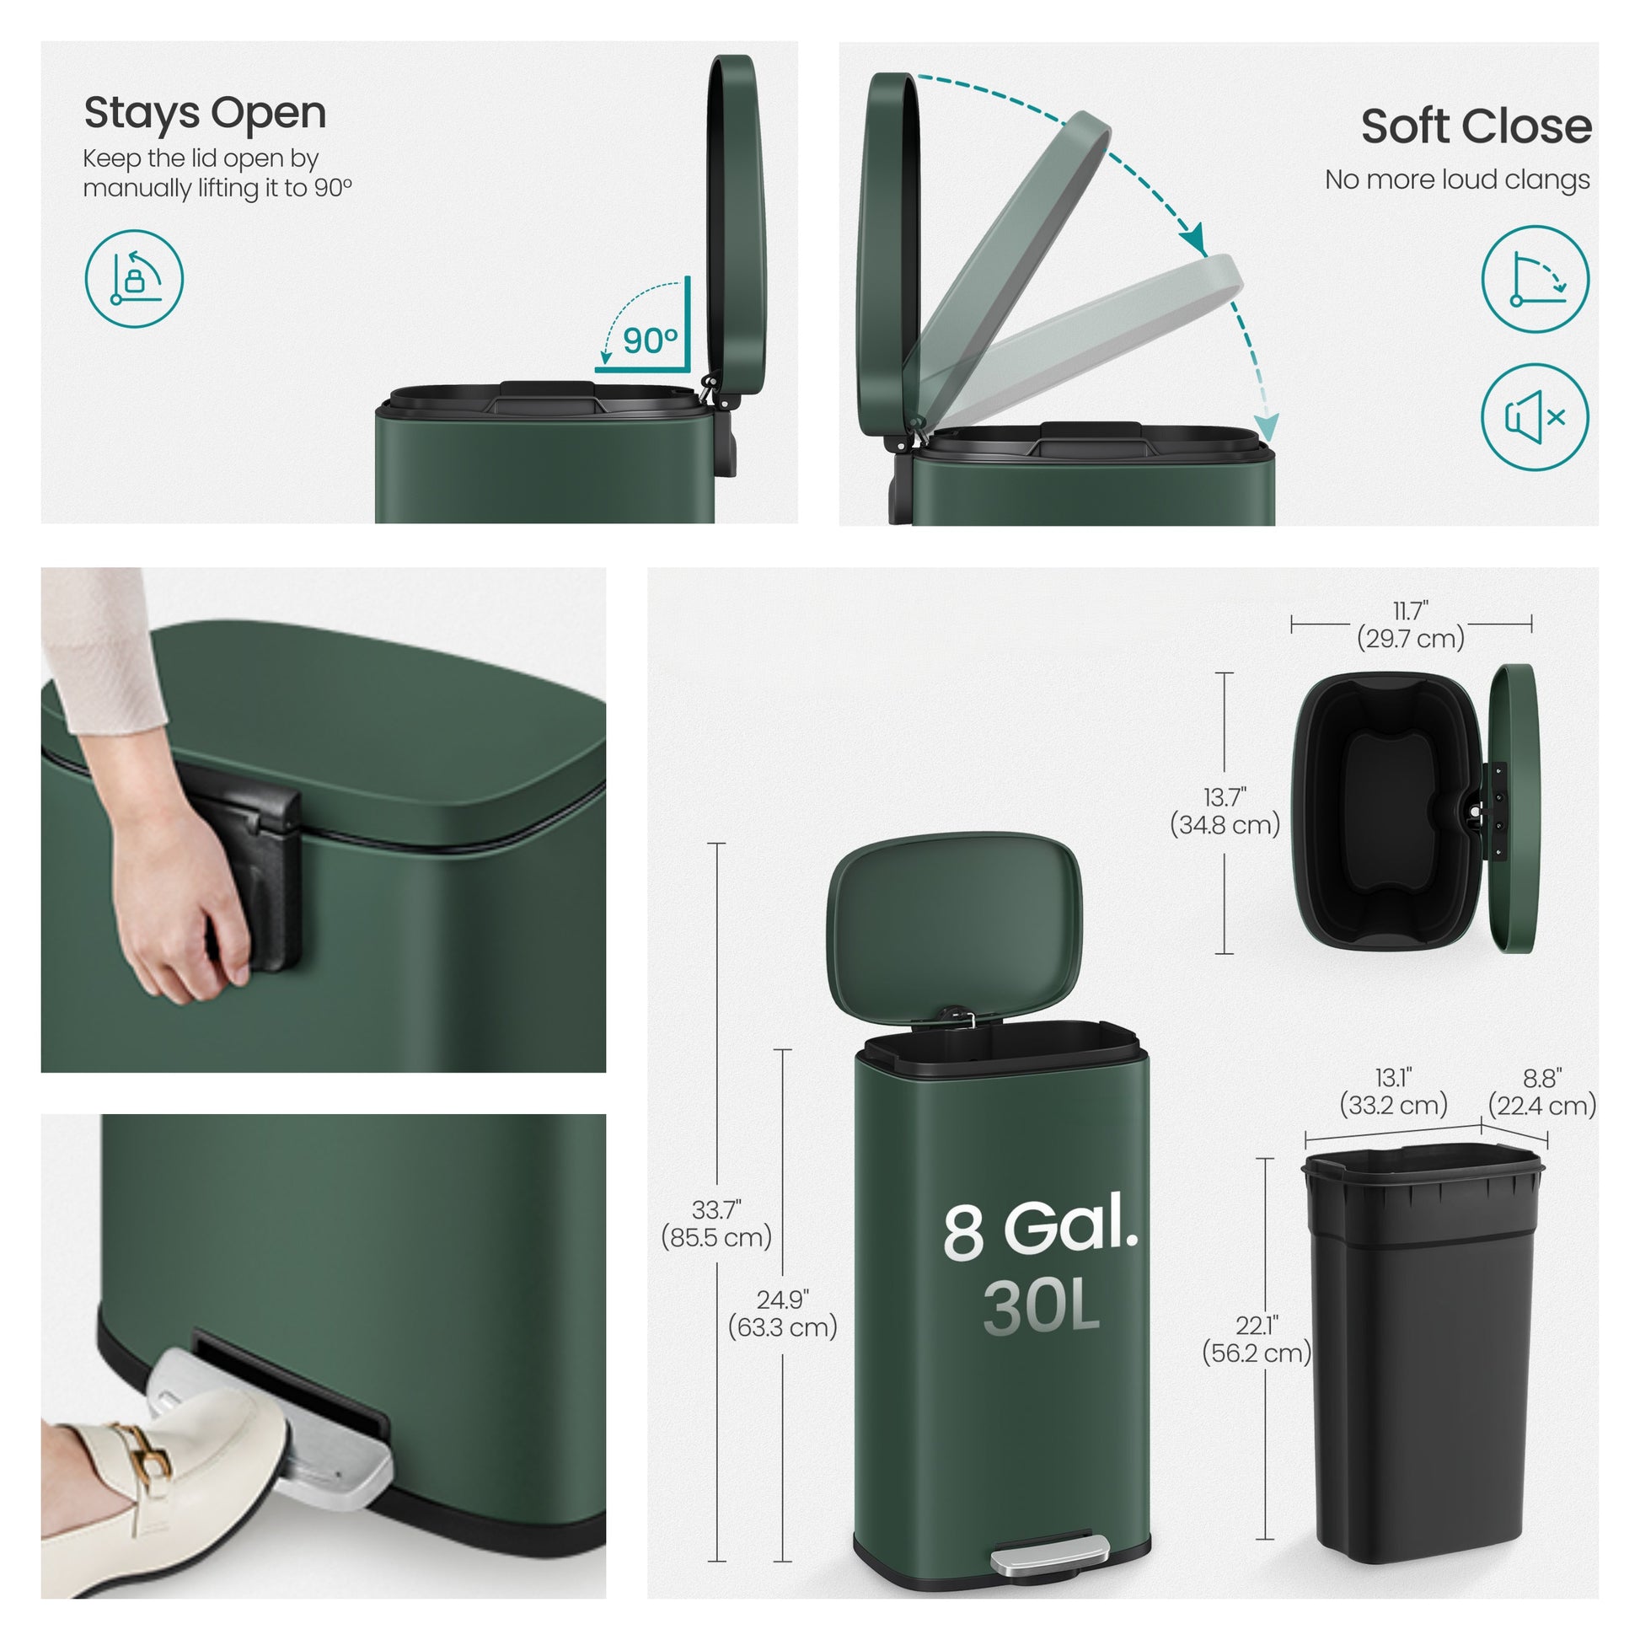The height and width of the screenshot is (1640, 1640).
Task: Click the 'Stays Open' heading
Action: point(205,114)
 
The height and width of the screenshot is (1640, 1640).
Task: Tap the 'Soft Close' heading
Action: point(1477,126)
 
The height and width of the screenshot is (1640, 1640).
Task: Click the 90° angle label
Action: point(651,341)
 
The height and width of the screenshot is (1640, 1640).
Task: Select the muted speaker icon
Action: point(1535,417)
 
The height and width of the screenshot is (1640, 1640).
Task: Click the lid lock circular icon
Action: point(134,278)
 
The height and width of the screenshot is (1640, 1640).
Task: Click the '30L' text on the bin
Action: point(1042,1307)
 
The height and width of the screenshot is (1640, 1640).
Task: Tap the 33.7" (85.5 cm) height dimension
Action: point(716,1223)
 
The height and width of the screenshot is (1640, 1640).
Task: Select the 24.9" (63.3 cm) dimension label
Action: point(783,1313)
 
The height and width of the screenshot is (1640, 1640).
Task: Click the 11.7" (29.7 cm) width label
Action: point(1411,624)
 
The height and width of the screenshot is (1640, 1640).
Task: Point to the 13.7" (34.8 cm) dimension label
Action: point(1225,811)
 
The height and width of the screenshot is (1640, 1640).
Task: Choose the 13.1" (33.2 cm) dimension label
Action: point(1393,1091)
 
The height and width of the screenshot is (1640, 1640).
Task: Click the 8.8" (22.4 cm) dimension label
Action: point(1542,1091)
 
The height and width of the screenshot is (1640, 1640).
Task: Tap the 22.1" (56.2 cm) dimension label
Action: point(1257,1338)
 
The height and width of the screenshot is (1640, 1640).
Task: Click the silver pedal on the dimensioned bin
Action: point(1049,1554)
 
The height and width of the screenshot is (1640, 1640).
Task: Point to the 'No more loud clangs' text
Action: point(1457,180)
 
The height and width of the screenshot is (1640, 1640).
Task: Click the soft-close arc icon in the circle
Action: point(1535,278)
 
